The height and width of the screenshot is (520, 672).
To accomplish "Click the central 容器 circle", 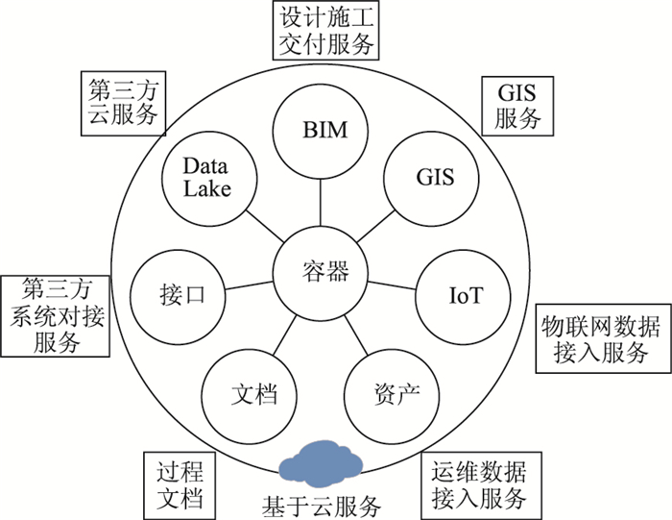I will click(x=322, y=272).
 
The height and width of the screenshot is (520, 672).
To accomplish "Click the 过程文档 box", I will click(x=180, y=484).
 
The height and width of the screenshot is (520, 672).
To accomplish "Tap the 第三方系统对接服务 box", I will click(x=56, y=315).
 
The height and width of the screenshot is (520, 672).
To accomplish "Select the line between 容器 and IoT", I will click(x=393, y=284).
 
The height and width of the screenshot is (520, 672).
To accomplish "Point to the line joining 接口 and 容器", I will click(x=250, y=284).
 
